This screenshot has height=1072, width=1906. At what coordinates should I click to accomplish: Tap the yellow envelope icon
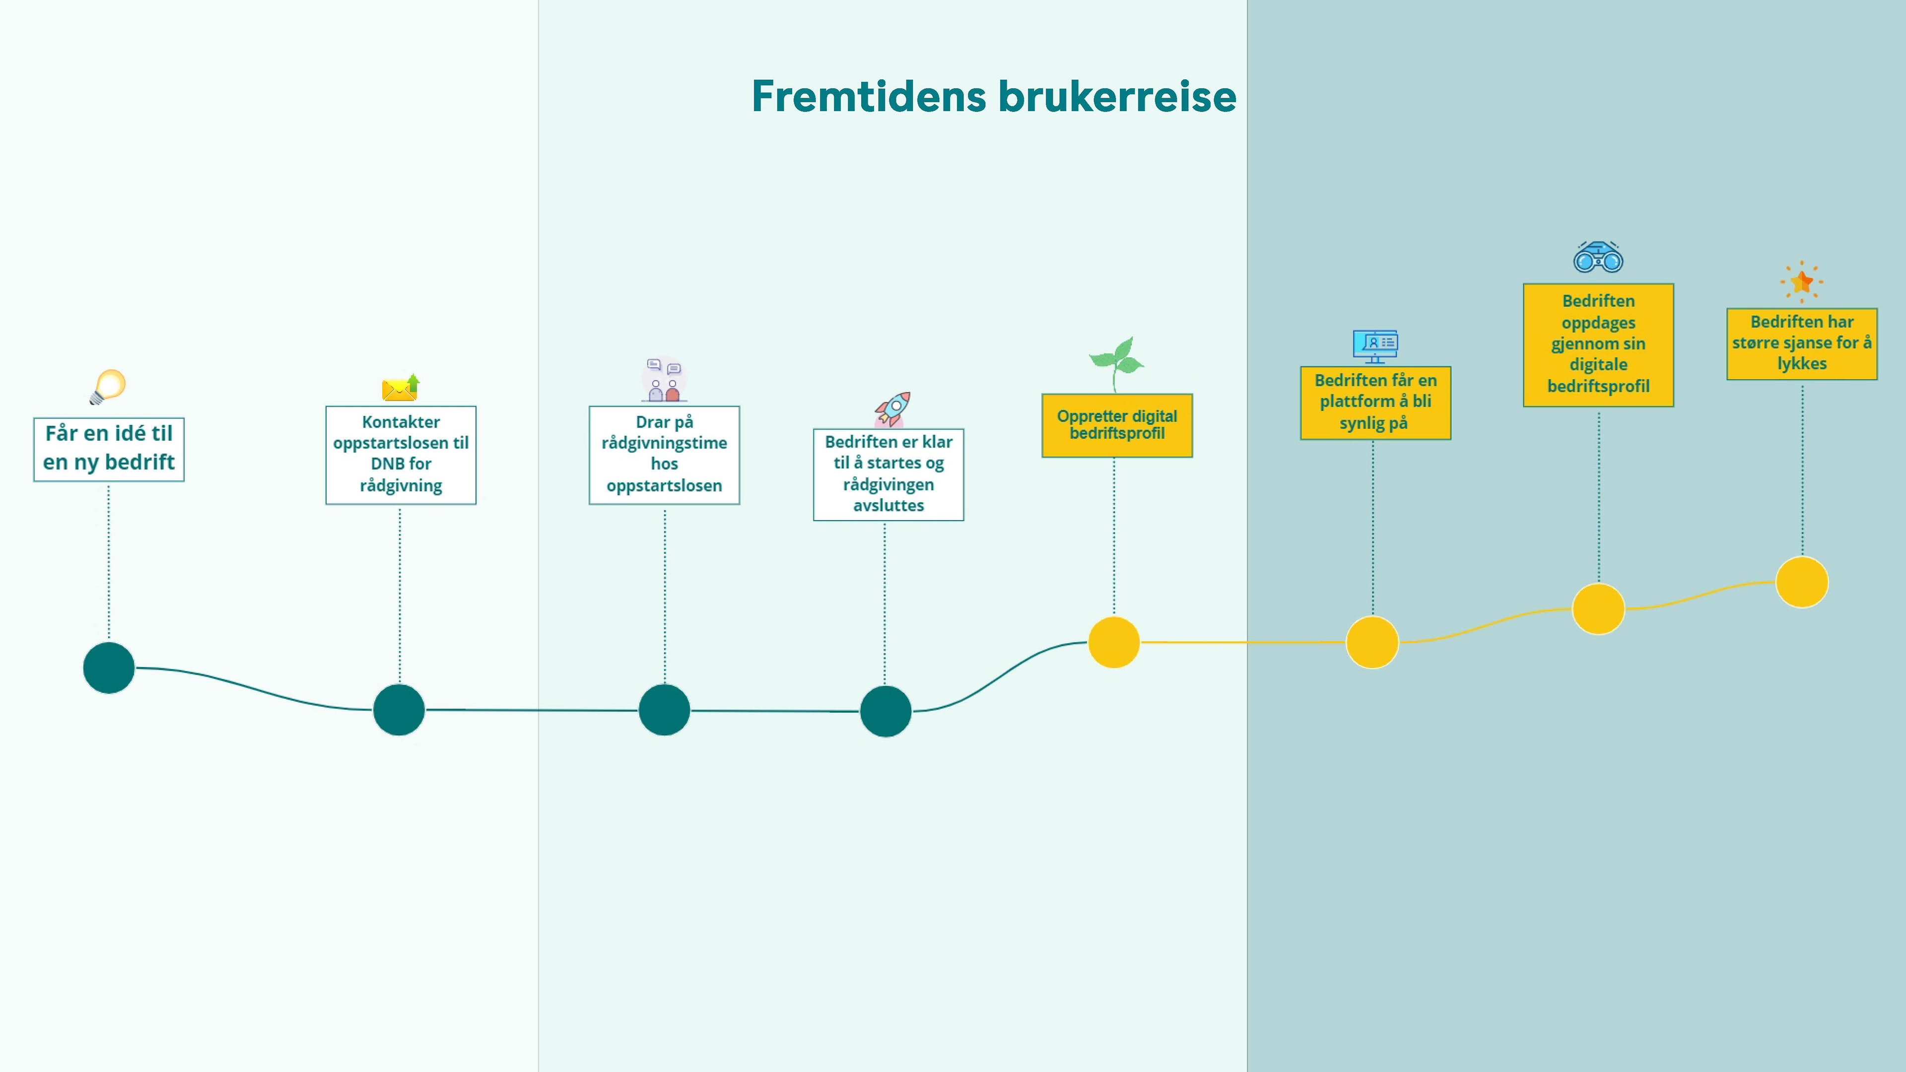click(400, 388)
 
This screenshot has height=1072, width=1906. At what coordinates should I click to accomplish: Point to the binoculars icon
click(1598, 258)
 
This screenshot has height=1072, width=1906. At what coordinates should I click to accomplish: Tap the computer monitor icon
click(1375, 345)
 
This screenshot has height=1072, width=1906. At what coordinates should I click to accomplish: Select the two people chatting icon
click(664, 380)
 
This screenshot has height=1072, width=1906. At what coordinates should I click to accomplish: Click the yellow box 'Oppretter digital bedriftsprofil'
click(1116, 425)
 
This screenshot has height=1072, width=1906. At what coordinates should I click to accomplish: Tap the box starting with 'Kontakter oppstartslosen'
click(400, 454)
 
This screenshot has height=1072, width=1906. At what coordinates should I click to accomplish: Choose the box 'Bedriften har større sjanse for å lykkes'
click(1802, 343)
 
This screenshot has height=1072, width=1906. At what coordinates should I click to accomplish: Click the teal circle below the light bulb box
click(109, 668)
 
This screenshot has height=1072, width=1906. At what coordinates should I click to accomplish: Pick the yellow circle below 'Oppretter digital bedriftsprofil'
click(1113, 642)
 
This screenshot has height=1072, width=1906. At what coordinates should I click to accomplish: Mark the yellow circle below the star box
click(1802, 582)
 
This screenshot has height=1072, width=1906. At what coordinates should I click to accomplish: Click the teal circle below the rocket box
click(885, 711)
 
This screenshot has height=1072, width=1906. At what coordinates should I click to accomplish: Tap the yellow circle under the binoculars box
click(1598, 609)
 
